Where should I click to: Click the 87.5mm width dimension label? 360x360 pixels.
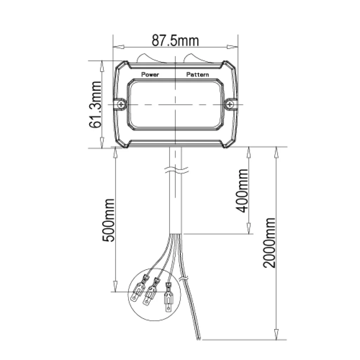coord(175,40)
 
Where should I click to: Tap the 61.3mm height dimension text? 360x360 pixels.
coord(95,104)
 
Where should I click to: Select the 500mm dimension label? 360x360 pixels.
coord(108,220)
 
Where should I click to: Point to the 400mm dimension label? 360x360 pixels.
coord(242,191)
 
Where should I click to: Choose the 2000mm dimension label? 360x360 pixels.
coord(269,243)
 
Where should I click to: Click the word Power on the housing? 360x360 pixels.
coord(150,75)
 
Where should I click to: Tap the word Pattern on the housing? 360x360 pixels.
coord(198,75)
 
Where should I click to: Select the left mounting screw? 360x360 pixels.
coord(121,105)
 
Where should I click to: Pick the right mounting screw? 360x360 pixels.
coord(230,105)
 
